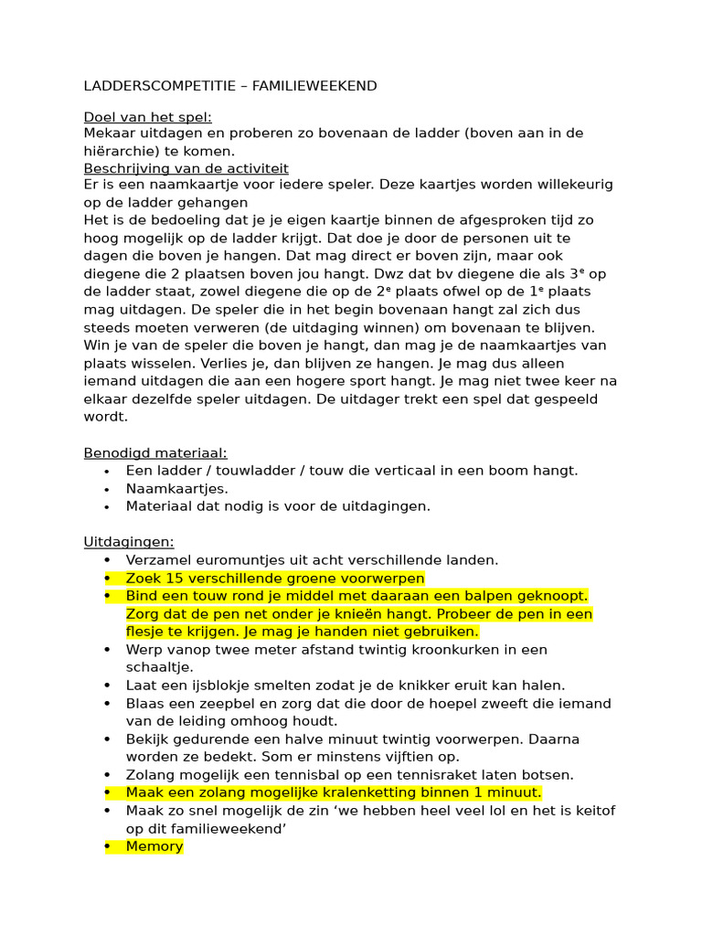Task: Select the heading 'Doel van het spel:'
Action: click(147, 116)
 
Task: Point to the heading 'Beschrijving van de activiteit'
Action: click(186, 168)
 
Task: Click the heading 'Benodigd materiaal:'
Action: click(155, 452)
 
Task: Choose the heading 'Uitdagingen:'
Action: click(129, 542)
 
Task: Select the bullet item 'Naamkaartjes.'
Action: click(177, 488)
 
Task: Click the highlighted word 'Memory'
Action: click(154, 846)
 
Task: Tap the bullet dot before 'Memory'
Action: click(107, 846)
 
